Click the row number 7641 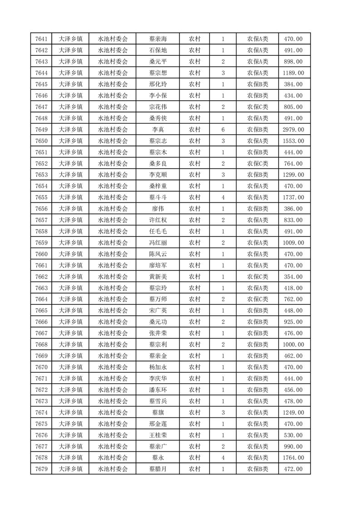41,39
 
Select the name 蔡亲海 158,39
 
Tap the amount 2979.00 293,130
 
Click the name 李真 158,130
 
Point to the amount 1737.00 293,197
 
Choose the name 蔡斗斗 158,197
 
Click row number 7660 41,254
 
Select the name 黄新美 158,277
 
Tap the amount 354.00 293,277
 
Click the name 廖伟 158,209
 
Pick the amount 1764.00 293,458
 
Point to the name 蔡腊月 158,469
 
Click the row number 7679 41,469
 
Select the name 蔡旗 158,412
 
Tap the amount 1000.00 293,344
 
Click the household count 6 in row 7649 223,130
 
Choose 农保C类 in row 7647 257,107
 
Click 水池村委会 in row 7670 113,367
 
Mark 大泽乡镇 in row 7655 70,197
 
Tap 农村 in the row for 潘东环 195,390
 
